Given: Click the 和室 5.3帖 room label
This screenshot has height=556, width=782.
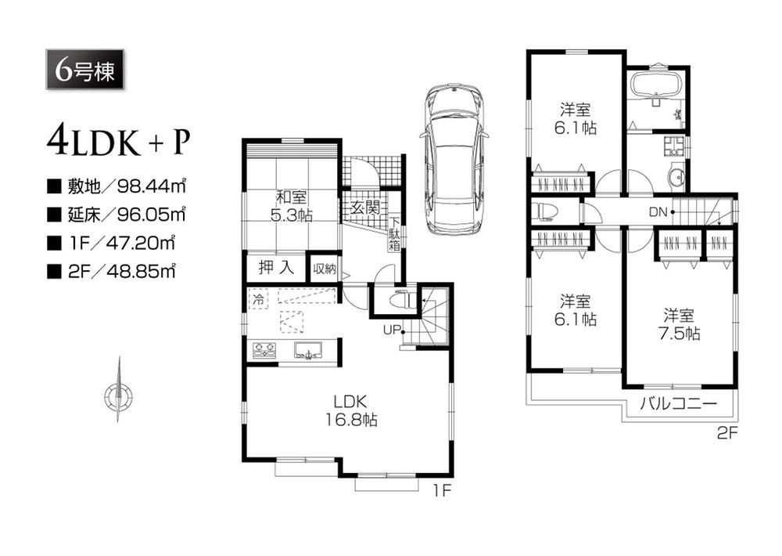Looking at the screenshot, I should [292, 206].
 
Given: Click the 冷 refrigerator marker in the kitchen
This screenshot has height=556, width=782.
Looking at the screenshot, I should [256, 298].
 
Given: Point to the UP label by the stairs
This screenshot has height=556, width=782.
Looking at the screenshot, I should [391, 329].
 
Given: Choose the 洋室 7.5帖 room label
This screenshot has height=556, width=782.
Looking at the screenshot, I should [680, 324].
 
